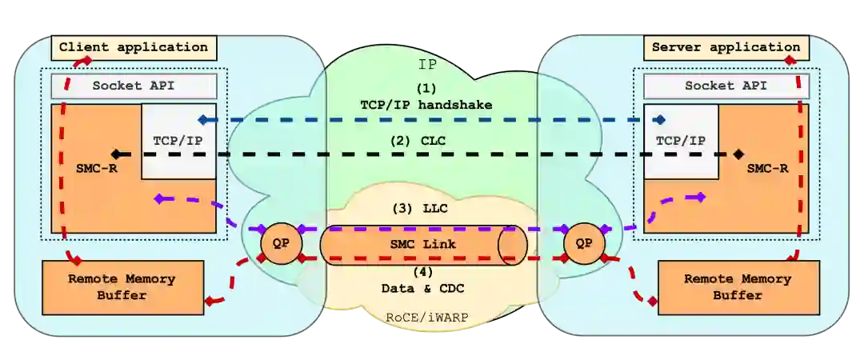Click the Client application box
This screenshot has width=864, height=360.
[x=134, y=47]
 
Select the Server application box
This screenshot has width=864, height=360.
[x=726, y=47]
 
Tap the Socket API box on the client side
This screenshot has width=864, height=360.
[x=134, y=86]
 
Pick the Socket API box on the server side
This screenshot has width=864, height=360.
[x=726, y=86]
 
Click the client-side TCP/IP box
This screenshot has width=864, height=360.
[x=178, y=141]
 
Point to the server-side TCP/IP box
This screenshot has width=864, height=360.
[x=681, y=141]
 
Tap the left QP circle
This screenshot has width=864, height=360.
[x=277, y=243]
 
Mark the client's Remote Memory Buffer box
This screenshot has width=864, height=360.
[x=121, y=287]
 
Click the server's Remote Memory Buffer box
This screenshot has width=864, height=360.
[x=738, y=287]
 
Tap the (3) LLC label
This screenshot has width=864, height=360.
[x=421, y=208]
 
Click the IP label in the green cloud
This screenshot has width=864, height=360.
[x=428, y=64]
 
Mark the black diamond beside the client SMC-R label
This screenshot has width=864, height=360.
[x=116, y=154]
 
